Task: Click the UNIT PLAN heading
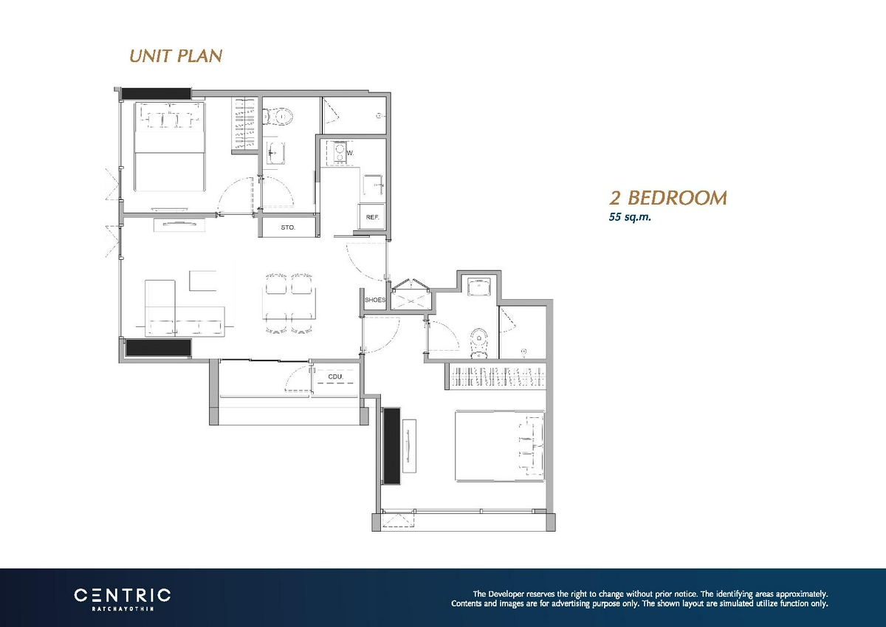[x=176, y=56]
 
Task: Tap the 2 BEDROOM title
[x=667, y=198]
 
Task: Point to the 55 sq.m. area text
[x=630, y=217]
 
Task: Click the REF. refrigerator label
[x=372, y=217]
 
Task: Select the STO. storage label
[x=287, y=227]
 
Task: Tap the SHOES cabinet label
[x=374, y=300]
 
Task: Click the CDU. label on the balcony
[x=335, y=377]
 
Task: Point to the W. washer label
[x=350, y=153]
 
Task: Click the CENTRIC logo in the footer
[x=123, y=595]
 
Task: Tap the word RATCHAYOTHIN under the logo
[x=123, y=609]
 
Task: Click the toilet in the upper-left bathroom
[x=278, y=116]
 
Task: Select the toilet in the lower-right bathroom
[x=479, y=343]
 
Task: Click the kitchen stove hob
[x=340, y=154]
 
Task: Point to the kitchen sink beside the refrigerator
[x=374, y=185]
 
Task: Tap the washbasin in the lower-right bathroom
[x=479, y=287]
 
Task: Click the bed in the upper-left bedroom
[x=170, y=147]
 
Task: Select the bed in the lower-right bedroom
[x=500, y=446]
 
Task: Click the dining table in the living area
[x=289, y=304]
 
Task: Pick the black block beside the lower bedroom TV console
[x=391, y=446]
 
